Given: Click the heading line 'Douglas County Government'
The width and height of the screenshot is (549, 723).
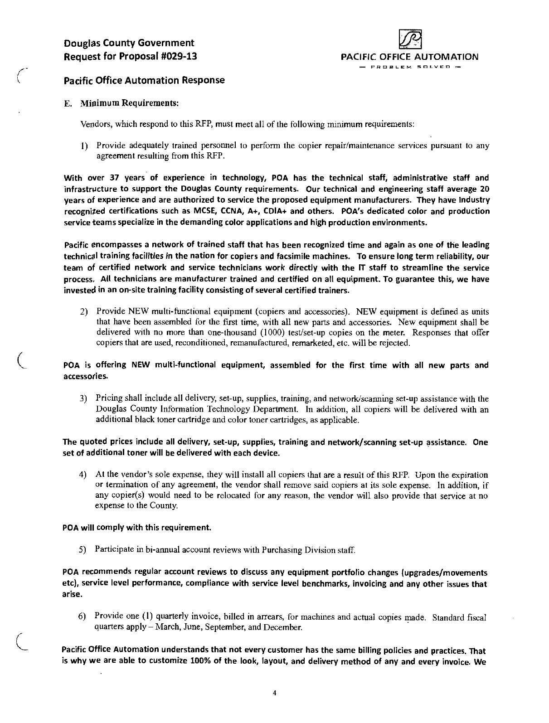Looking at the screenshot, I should pyautogui.click(x=129, y=43).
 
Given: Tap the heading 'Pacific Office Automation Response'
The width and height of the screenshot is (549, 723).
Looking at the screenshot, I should pyautogui.click(x=144, y=81).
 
